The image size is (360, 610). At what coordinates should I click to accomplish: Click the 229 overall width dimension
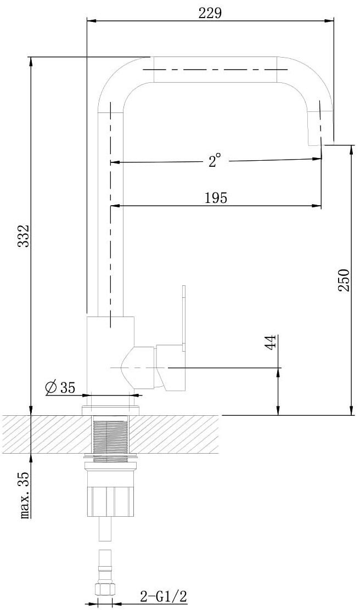210,13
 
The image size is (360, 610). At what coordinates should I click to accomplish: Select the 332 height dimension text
25,236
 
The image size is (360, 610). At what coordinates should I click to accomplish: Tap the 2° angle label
214,160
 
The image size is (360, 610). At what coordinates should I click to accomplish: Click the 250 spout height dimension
344,280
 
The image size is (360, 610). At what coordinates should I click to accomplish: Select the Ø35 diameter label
60,387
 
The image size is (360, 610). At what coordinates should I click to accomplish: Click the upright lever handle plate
184,316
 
